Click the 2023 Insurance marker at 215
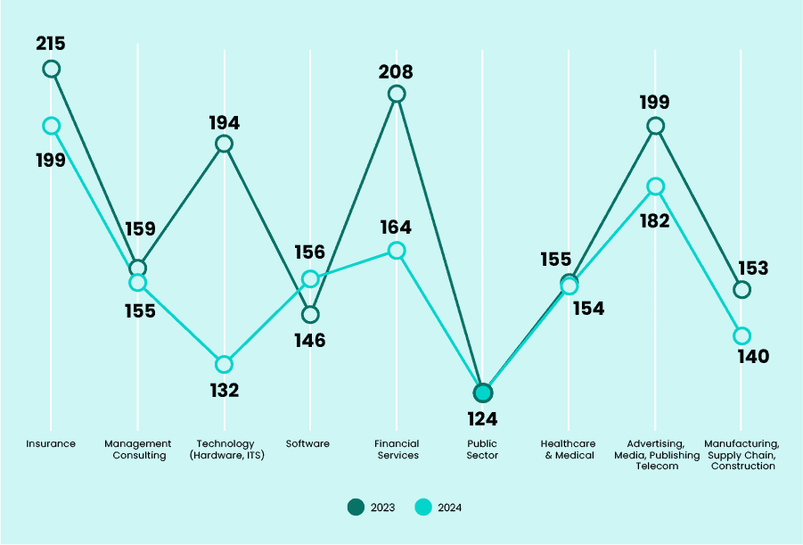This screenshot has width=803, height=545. tap(52, 69)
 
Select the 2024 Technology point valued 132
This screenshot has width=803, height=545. tap(225, 364)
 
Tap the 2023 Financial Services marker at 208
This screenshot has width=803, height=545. tap(397, 94)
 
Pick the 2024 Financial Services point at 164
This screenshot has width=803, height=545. tap(397, 251)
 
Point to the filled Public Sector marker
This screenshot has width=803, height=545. tap(483, 392)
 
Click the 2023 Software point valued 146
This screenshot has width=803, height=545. tap(310, 314)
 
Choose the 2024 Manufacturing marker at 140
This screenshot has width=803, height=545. tap(742, 335)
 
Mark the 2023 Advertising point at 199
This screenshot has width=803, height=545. tap(655, 126)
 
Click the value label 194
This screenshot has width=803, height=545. tap(225, 123)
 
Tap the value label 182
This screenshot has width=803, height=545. tap(655, 220)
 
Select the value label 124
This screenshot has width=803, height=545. tap(482, 418)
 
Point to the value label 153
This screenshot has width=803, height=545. tap(753, 268)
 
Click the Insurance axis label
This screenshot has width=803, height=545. tap(51, 443)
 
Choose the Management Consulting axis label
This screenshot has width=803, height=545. tap(137, 449)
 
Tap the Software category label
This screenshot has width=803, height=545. tap(307, 443)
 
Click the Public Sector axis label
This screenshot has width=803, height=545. tap(483, 449)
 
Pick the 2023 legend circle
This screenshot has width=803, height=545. tap(356, 508)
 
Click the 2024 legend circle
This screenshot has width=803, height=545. tap(424, 508)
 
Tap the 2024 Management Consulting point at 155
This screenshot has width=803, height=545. tap(137, 283)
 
